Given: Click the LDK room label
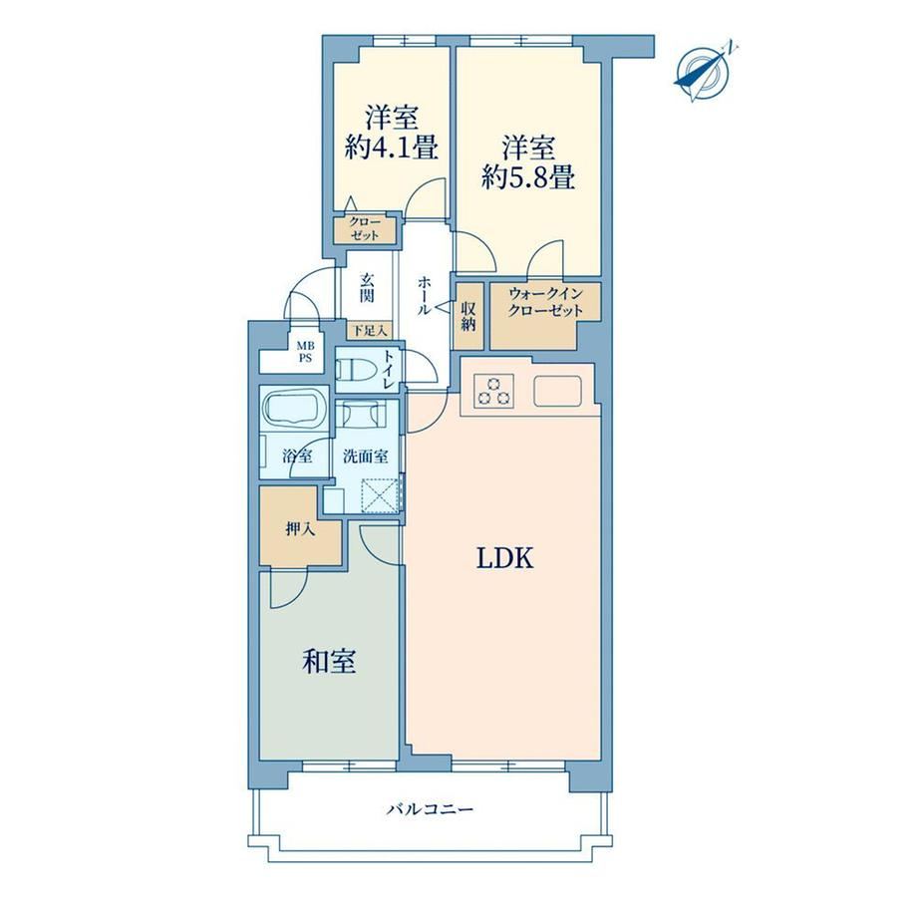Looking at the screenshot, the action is tap(504, 558).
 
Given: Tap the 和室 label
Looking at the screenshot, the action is tap(329, 662).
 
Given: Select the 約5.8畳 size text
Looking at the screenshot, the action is tap(528, 176).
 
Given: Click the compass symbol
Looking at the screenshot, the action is tap(705, 73).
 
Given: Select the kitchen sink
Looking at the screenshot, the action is tap(557, 392).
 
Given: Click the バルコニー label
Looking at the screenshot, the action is tap(430, 809).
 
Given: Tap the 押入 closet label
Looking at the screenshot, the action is tap(301, 530).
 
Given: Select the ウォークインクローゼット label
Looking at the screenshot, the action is tap(545, 301).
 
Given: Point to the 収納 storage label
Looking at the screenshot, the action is tap(469, 316).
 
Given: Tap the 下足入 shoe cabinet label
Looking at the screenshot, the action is tap(370, 331).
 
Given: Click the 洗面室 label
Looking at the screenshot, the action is tap(366, 457).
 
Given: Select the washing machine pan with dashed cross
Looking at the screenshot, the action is tap(380, 494).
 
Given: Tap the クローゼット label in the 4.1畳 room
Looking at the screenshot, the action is tap(365, 228).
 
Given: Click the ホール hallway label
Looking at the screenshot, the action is tap(424, 295).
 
